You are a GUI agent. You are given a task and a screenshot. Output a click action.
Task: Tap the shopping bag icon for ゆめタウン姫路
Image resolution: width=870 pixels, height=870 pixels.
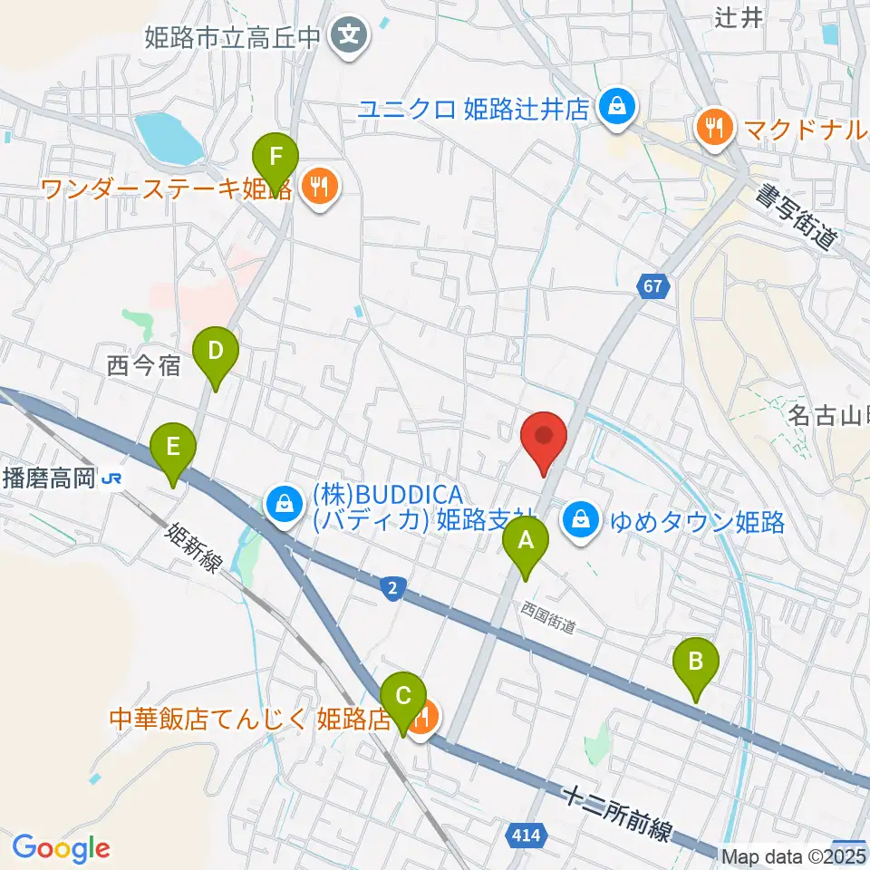(x=578, y=520)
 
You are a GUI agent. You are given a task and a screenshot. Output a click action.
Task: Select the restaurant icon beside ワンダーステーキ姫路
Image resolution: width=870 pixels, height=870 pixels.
(x=317, y=188)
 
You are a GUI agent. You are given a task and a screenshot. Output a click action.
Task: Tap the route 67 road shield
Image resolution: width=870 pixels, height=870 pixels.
(x=657, y=285)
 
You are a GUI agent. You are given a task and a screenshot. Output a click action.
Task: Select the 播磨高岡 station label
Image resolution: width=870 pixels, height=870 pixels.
(x=49, y=477)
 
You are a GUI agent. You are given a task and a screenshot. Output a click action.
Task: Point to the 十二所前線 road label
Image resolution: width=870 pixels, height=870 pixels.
(x=615, y=813)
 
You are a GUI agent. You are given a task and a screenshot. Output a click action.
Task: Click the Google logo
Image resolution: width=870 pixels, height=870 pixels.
(x=61, y=847)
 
